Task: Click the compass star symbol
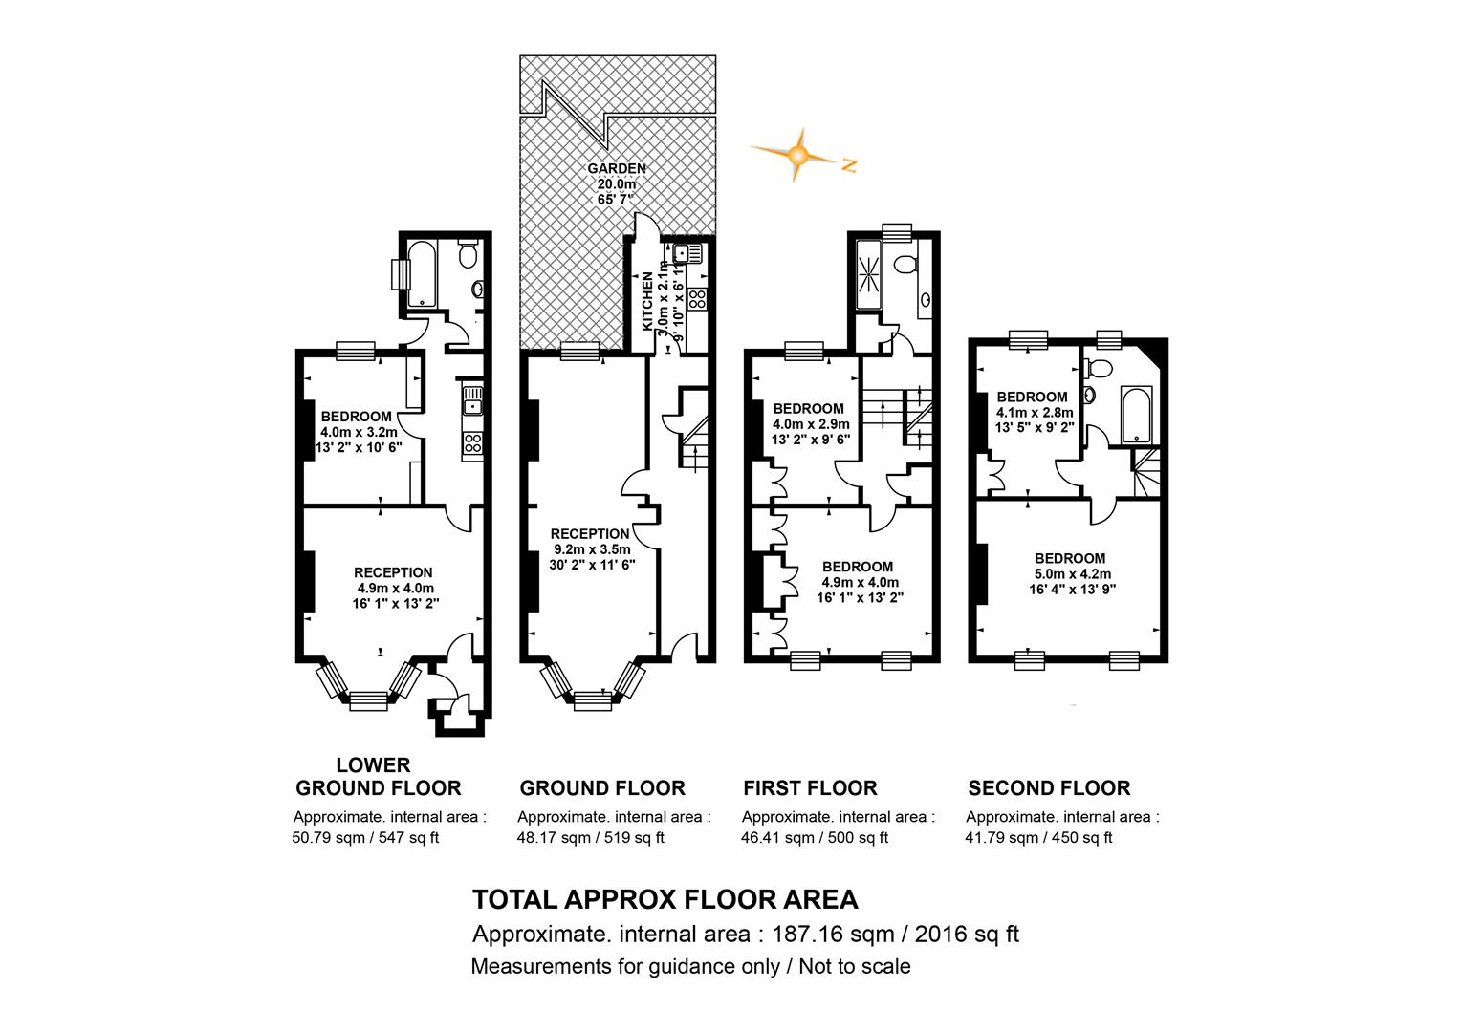coord(797,155)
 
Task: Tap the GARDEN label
coord(617,168)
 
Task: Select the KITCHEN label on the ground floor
coord(647,301)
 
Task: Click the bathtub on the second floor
coord(1136,415)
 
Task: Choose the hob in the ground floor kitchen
coord(697,298)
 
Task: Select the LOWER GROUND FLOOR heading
coord(379,776)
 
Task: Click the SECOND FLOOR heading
coord(1049,787)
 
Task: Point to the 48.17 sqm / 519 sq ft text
coord(590,837)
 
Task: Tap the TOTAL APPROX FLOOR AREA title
coord(665,899)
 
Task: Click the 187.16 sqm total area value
coord(833,935)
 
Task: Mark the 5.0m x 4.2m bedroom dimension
coord(1072,574)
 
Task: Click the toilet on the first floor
coord(905,265)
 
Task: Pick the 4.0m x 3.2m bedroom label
coord(356,432)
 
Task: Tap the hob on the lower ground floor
coord(473,443)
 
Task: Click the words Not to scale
coord(855,965)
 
